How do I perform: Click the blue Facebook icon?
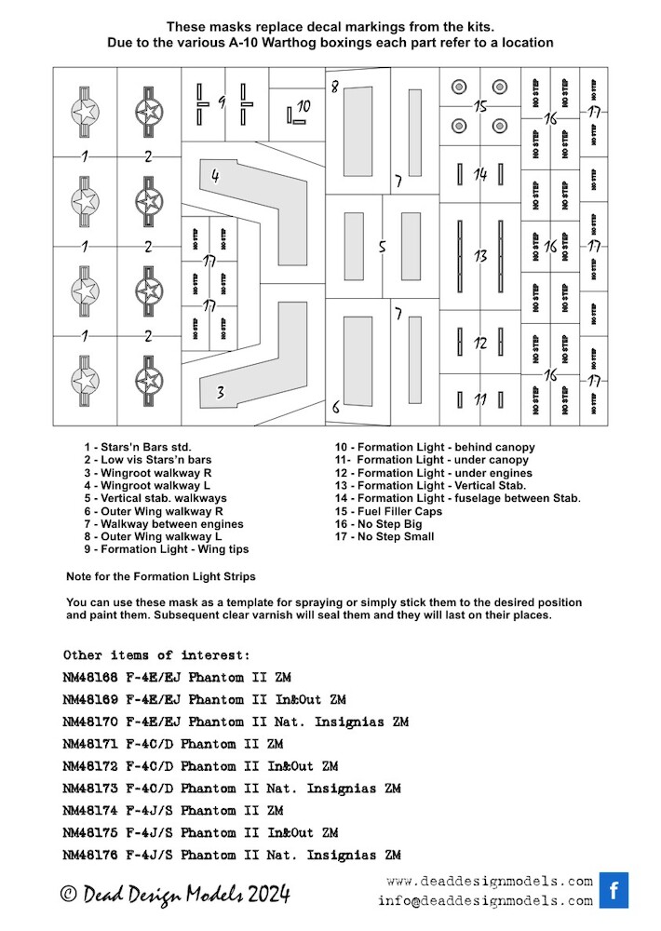coord(614,890)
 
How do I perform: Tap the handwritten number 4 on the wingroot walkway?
coord(215,175)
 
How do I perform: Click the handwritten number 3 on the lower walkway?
coord(221,393)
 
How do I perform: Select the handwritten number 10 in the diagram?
coord(304,106)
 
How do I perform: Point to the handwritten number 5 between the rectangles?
coord(382,247)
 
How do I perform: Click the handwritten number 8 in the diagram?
coord(336,405)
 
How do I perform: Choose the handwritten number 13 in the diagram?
coord(480,255)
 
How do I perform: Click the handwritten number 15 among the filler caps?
coord(480,107)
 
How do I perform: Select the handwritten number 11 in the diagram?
coord(480,399)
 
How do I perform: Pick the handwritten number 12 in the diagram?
coord(480,343)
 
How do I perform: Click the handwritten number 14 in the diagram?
coord(480,174)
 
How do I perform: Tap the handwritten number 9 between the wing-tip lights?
coord(223,101)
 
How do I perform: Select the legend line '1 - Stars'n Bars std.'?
coord(137,448)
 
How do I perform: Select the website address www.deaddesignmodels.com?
coord(489,881)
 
